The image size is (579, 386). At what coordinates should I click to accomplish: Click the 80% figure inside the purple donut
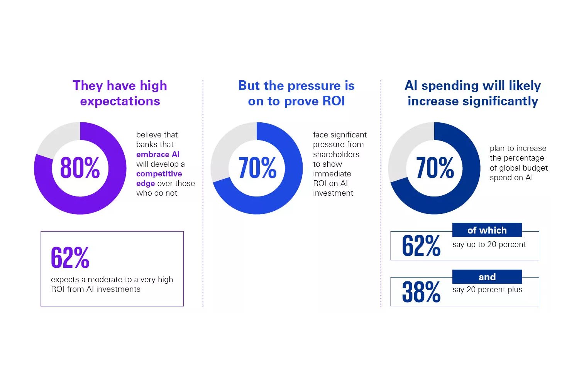pos(80,168)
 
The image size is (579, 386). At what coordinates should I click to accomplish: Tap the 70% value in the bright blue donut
pos(257,168)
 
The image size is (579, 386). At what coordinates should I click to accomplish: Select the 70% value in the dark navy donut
pos(435,168)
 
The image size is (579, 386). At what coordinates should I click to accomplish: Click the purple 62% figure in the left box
pos(70,257)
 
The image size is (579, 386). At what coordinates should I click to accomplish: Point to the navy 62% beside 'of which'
pos(421,245)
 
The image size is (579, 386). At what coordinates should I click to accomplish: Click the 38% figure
pos(421,292)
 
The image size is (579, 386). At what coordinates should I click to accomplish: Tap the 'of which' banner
pos(487,230)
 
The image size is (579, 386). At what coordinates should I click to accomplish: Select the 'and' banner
pos(487,277)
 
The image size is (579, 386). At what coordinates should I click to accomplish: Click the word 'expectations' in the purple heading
pos(120,101)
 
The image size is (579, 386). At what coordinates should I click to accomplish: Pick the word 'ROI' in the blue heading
pos(334,101)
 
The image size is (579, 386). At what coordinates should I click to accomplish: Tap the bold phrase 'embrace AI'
pos(158,154)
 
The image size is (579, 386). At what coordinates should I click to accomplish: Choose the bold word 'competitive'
pos(159,174)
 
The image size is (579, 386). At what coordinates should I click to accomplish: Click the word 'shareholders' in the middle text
pos(336,154)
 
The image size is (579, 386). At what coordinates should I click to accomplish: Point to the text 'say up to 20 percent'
pos(489,244)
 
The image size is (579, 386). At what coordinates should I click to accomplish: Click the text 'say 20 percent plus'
pos(487,289)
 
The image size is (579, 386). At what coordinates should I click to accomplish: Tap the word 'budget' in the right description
pos(535,168)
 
